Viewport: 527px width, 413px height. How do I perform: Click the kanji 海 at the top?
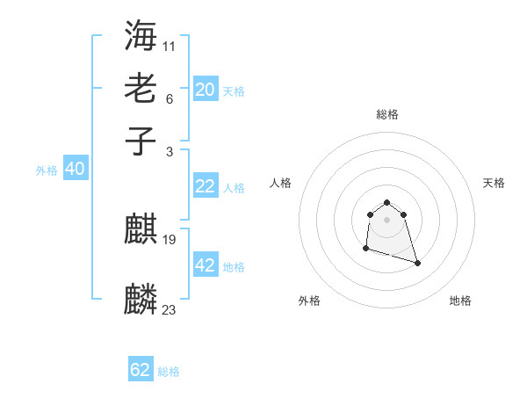tap(141, 35)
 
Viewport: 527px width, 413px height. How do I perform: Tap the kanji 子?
tap(141, 140)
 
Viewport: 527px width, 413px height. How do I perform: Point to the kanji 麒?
tap(141, 230)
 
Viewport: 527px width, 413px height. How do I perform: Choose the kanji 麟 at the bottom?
tap(141, 299)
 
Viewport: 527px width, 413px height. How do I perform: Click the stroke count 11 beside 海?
tap(170, 45)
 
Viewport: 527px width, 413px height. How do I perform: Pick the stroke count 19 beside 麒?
tap(170, 239)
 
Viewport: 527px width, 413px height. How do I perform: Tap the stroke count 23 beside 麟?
tap(170, 308)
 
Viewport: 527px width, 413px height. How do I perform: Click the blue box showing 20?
tap(205, 90)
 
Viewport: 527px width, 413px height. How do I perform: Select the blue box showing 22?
tap(205, 186)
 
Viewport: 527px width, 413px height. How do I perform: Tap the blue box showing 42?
tap(205, 265)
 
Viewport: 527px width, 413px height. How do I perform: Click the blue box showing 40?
tap(75, 169)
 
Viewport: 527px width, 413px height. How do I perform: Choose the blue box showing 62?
tap(141, 370)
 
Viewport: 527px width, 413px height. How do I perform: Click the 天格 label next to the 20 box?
tap(234, 91)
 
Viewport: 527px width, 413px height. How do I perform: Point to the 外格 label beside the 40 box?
tap(47, 170)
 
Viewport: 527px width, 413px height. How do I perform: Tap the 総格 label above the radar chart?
tap(386, 114)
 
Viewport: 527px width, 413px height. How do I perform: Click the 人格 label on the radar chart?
tap(281, 183)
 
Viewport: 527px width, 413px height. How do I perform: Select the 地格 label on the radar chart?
tap(460, 301)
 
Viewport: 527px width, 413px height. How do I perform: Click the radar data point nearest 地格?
tap(417, 263)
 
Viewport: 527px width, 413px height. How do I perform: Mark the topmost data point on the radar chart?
tap(386, 202)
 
